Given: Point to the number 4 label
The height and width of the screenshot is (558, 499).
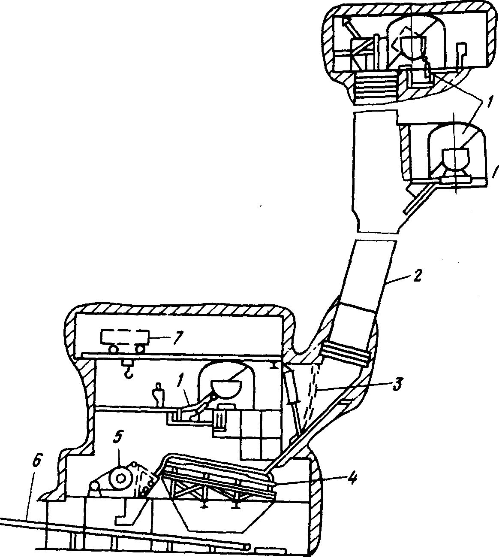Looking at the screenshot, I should (351, 477).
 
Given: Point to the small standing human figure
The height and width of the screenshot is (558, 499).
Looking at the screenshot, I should (159, 394).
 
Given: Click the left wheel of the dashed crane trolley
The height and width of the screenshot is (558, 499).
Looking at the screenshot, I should (113, 350).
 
